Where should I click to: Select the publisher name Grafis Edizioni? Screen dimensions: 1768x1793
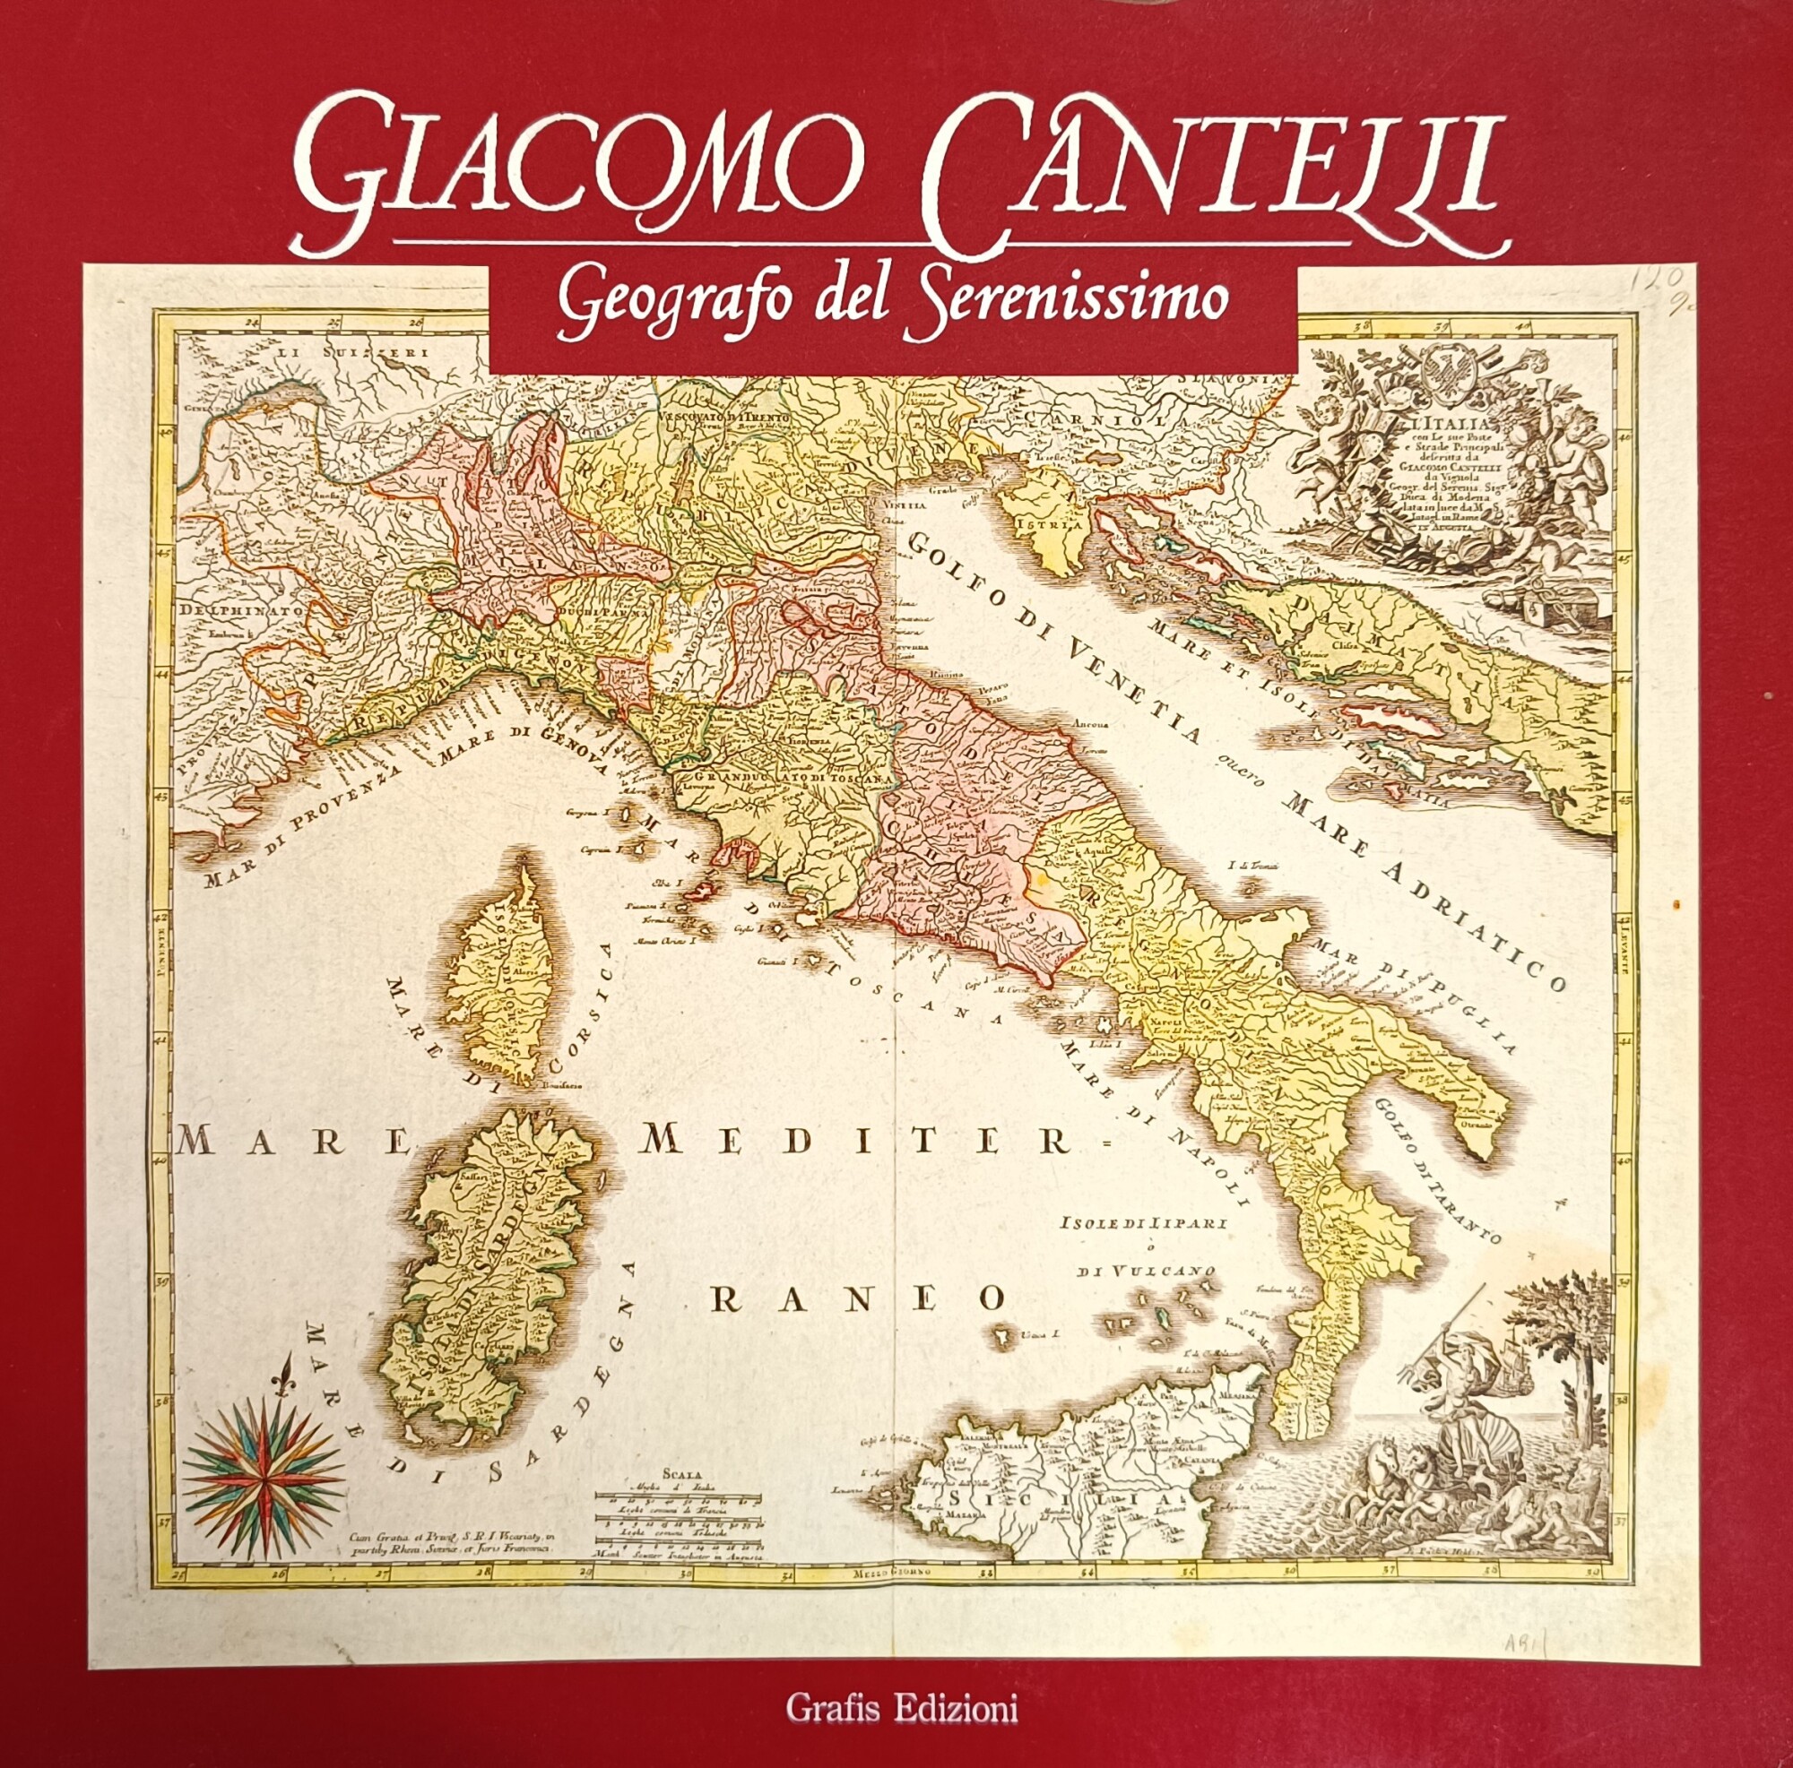901,1705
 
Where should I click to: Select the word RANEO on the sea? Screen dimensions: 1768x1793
859,1298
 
